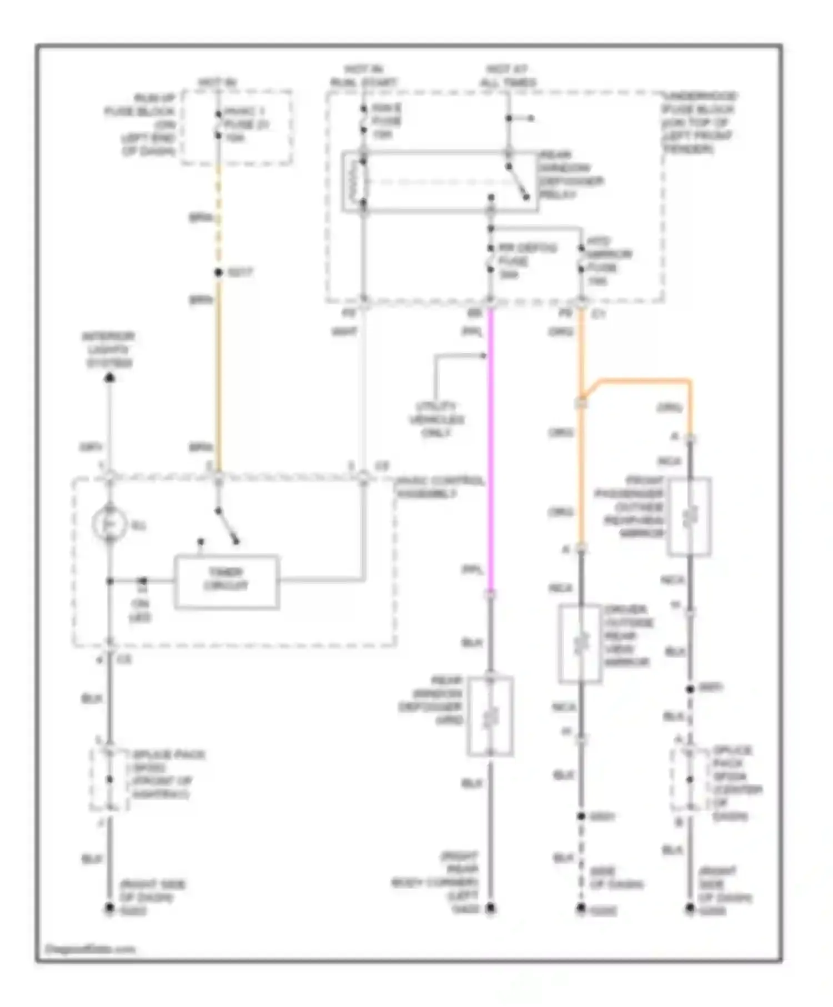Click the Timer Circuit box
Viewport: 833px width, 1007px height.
pyautogui.click(x=227, y=581)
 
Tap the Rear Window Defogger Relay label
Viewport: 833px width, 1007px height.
pyautogui.click(x=571, y=175)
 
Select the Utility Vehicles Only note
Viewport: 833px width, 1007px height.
pyautogui.click(x=436, y=420)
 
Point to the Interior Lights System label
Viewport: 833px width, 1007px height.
pyautogui.click(x=108, y=350)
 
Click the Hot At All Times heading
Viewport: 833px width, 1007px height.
pyautogui.click(x=508, y=76)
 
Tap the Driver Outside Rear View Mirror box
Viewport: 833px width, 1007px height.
pyautogui.click(x=580, y=643)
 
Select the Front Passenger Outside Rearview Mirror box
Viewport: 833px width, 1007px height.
pyautogui.click(x=689, y=516)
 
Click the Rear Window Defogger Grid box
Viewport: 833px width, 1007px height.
pyautogui.click(x=490, y=716)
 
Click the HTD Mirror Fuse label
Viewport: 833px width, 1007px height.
pyautogui.click(x=602, y=261)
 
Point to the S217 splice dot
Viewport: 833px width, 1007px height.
pyautogui.click(x=219, y=273)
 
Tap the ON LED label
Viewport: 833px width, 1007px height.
pyautogui.click(x=140, y=610)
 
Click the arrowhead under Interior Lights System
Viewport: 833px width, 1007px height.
pyautogui.click(x=110, y=379)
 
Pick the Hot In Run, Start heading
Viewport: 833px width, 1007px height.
pyautogui.click(x=364, y=76)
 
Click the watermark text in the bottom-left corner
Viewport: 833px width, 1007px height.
pyautogui.click(x=89, y=949)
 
